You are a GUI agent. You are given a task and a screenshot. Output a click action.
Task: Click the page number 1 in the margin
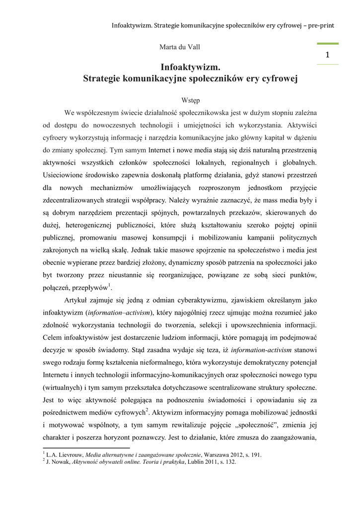pos(328,56)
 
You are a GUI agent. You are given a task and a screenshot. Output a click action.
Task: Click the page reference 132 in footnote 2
pos(229,462)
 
